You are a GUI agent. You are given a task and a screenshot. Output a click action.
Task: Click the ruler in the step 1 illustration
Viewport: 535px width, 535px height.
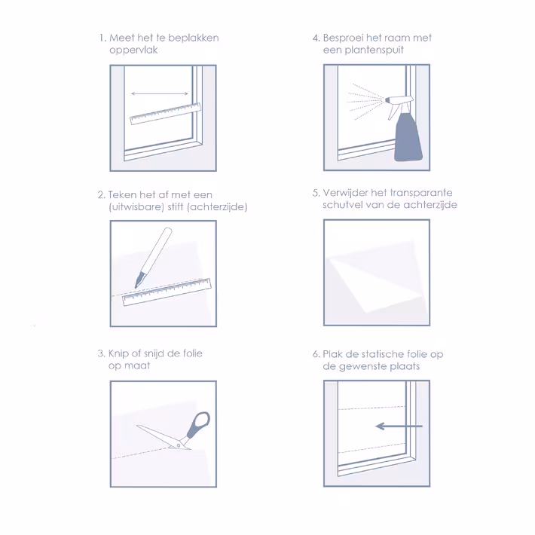pos(166,114)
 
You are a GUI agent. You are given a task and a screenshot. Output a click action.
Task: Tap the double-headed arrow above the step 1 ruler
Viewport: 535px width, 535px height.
pos(159,93)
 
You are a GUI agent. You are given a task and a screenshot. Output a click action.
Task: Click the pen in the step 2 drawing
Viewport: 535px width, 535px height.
pos(153,258)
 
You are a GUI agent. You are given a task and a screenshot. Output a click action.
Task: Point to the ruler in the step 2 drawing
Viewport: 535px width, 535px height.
pos(167,292)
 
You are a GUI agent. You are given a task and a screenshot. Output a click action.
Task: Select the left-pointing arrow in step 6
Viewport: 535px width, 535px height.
pos(399,426)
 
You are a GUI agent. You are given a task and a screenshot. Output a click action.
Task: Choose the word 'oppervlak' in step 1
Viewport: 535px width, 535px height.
pos(133,50)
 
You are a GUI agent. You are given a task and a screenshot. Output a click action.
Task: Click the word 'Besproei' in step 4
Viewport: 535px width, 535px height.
pos(344,38)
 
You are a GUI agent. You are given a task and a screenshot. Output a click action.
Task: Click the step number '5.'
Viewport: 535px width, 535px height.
pos(316,193)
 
